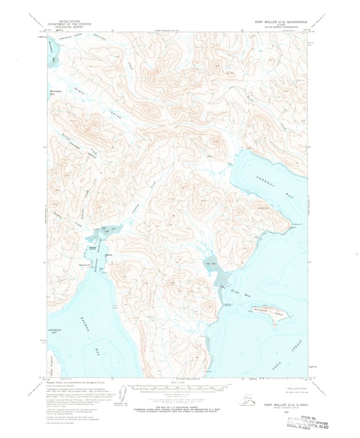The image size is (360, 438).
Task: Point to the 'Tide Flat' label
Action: [209, 264]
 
